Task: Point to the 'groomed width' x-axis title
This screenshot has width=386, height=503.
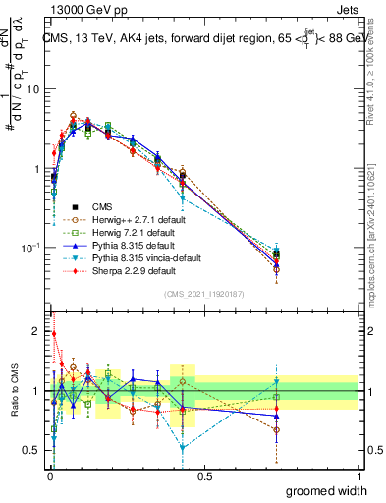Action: click(321, 490)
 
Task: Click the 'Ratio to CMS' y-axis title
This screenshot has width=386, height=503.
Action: click(13, 391)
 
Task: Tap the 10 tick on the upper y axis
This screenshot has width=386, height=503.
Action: click(33, 89)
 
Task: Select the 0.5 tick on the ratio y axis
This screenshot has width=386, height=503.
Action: click(33, 451)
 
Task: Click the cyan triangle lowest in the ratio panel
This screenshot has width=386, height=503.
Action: click(183, 447)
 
